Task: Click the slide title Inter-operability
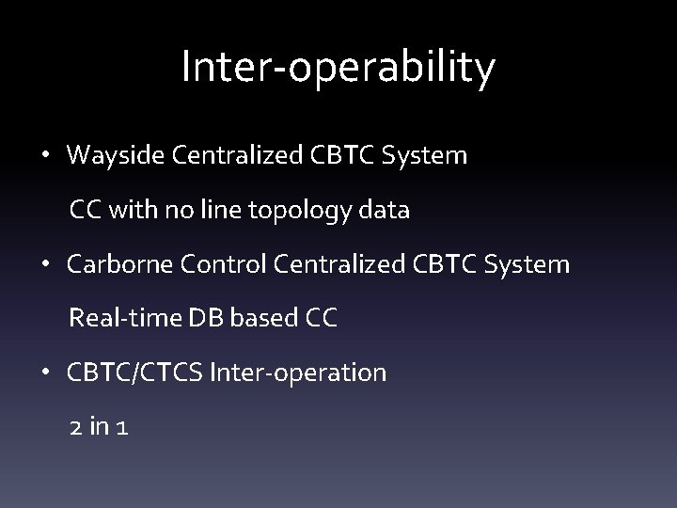(338, 68)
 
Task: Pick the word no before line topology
(179, 211)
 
